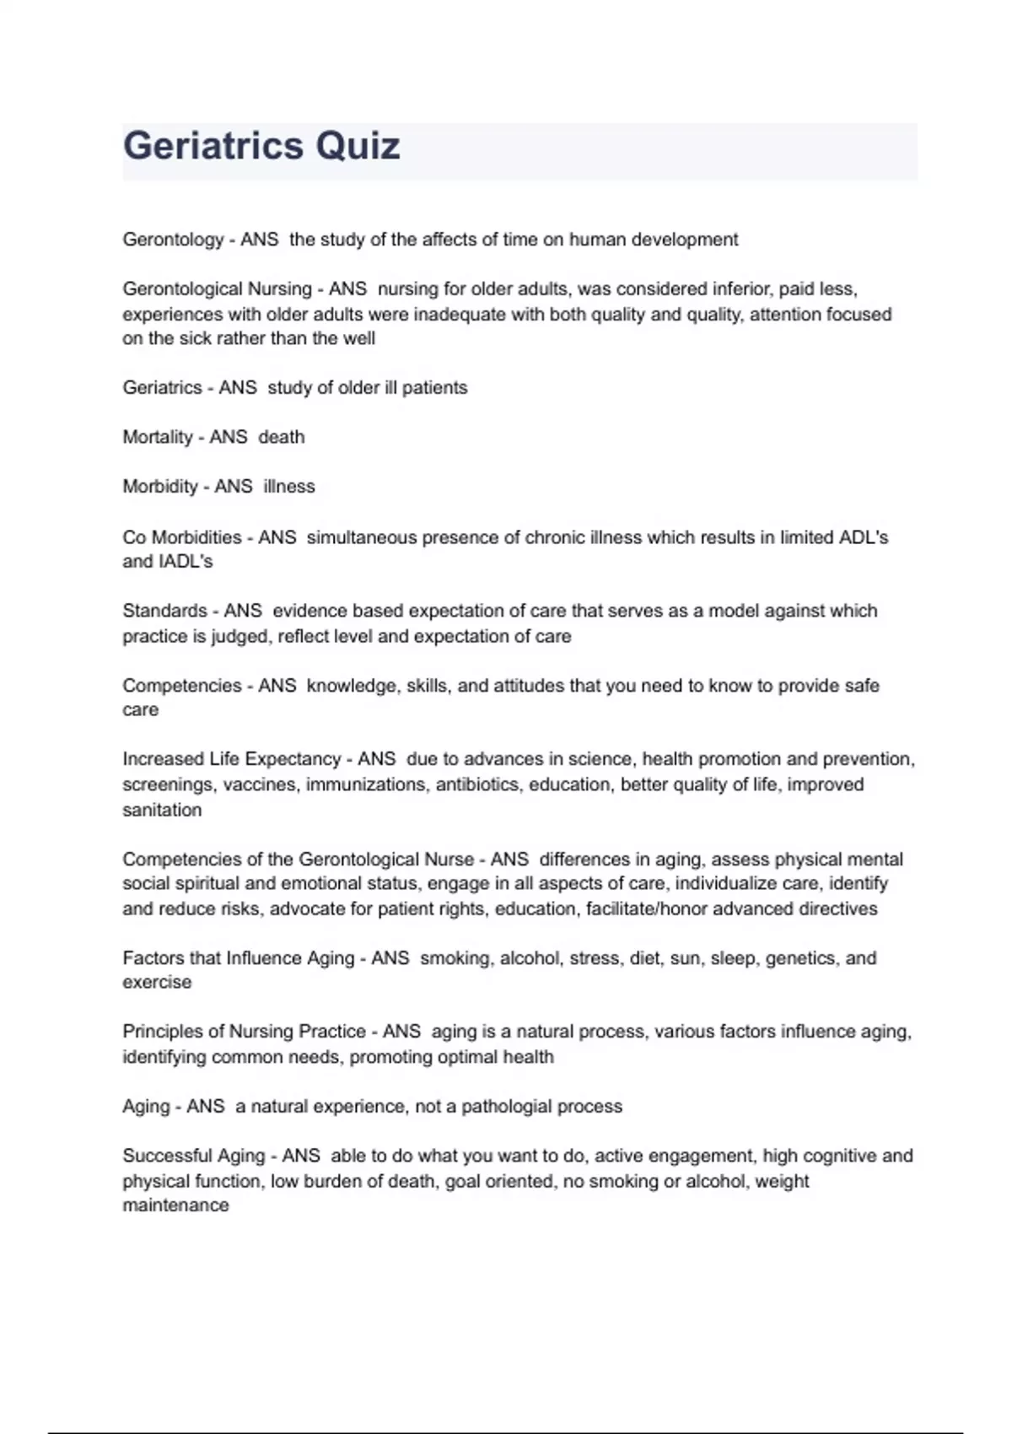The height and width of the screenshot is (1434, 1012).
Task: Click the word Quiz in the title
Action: pos(358,146)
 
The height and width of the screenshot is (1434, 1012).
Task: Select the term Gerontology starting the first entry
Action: pos(173,240)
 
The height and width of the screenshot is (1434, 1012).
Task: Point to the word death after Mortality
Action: pos(281,437)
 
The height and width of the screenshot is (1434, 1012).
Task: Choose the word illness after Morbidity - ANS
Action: pos(288,487)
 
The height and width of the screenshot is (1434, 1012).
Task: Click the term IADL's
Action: pos(184,562)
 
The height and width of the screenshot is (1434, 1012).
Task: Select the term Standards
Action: pos(164,611)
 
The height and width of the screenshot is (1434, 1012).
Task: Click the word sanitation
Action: pos(162,810)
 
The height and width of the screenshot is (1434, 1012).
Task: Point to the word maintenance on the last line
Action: pos(175,1205)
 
